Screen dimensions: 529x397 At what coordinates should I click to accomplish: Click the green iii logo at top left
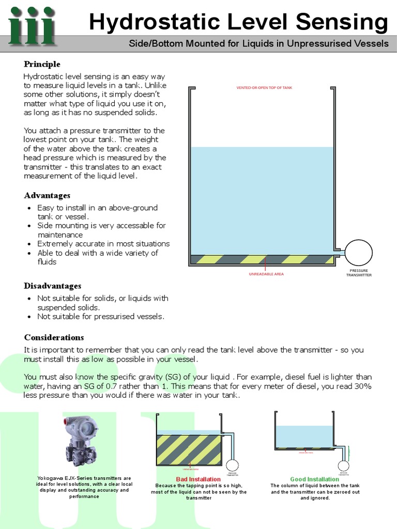point(32,26)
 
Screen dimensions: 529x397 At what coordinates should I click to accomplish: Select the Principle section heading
point(42,64)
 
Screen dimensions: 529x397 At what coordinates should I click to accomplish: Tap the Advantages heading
point(47,195)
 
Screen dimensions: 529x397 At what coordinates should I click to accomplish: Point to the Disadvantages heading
point(52,286)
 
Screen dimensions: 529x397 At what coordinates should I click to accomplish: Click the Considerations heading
point(54,337)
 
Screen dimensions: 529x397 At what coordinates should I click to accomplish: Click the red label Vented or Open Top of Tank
point(264,88)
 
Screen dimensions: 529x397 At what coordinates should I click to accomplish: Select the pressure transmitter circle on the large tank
point(358,253)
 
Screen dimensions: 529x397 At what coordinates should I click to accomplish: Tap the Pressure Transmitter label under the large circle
point(359,273)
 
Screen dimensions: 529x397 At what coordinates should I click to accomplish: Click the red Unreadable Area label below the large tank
point(266,274)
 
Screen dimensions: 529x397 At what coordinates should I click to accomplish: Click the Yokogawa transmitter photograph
point(81,441)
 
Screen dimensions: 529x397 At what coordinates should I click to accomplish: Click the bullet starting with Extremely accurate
point(103,244)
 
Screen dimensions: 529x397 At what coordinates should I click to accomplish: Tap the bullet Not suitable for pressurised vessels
point(101,316)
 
